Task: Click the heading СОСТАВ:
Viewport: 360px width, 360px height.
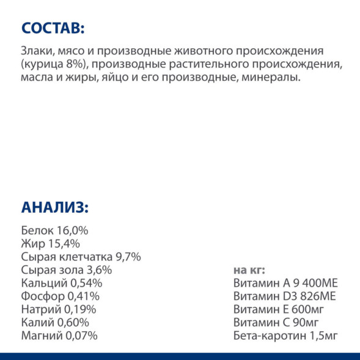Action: point(53,29)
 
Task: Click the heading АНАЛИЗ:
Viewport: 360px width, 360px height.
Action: point(55,207)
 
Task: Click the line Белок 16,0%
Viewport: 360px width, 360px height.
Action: point(55,230)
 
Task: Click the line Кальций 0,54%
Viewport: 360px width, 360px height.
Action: point(61,284)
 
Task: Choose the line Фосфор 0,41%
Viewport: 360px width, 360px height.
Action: point(60,296)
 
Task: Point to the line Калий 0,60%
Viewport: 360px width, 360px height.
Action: point(55,322)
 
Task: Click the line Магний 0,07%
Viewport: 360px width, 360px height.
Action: point(59,336)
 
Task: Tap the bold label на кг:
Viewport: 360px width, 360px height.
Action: point(249,270)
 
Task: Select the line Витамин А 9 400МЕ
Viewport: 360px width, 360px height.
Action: point(285,284)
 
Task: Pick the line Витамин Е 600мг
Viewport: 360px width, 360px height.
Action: point(279,309)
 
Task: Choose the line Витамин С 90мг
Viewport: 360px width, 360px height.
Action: point(276,322)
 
